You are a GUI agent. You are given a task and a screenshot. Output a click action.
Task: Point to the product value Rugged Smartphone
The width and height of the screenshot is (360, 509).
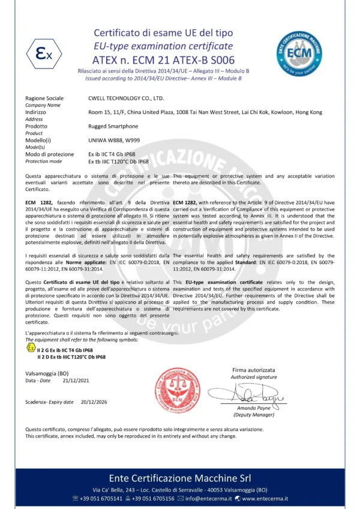(113, 126)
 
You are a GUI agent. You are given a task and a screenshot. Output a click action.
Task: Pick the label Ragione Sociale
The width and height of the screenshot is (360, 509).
(44, 98)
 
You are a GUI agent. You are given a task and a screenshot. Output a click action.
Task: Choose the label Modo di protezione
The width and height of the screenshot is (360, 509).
(50, 154)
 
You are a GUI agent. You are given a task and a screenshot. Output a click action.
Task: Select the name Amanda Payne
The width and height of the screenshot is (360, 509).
(254, 408)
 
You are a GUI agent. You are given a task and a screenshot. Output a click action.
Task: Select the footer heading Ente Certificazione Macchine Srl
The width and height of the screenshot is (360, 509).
(179, 478)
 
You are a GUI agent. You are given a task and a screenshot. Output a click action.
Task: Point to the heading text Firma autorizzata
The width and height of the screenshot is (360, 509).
(254, 370)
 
